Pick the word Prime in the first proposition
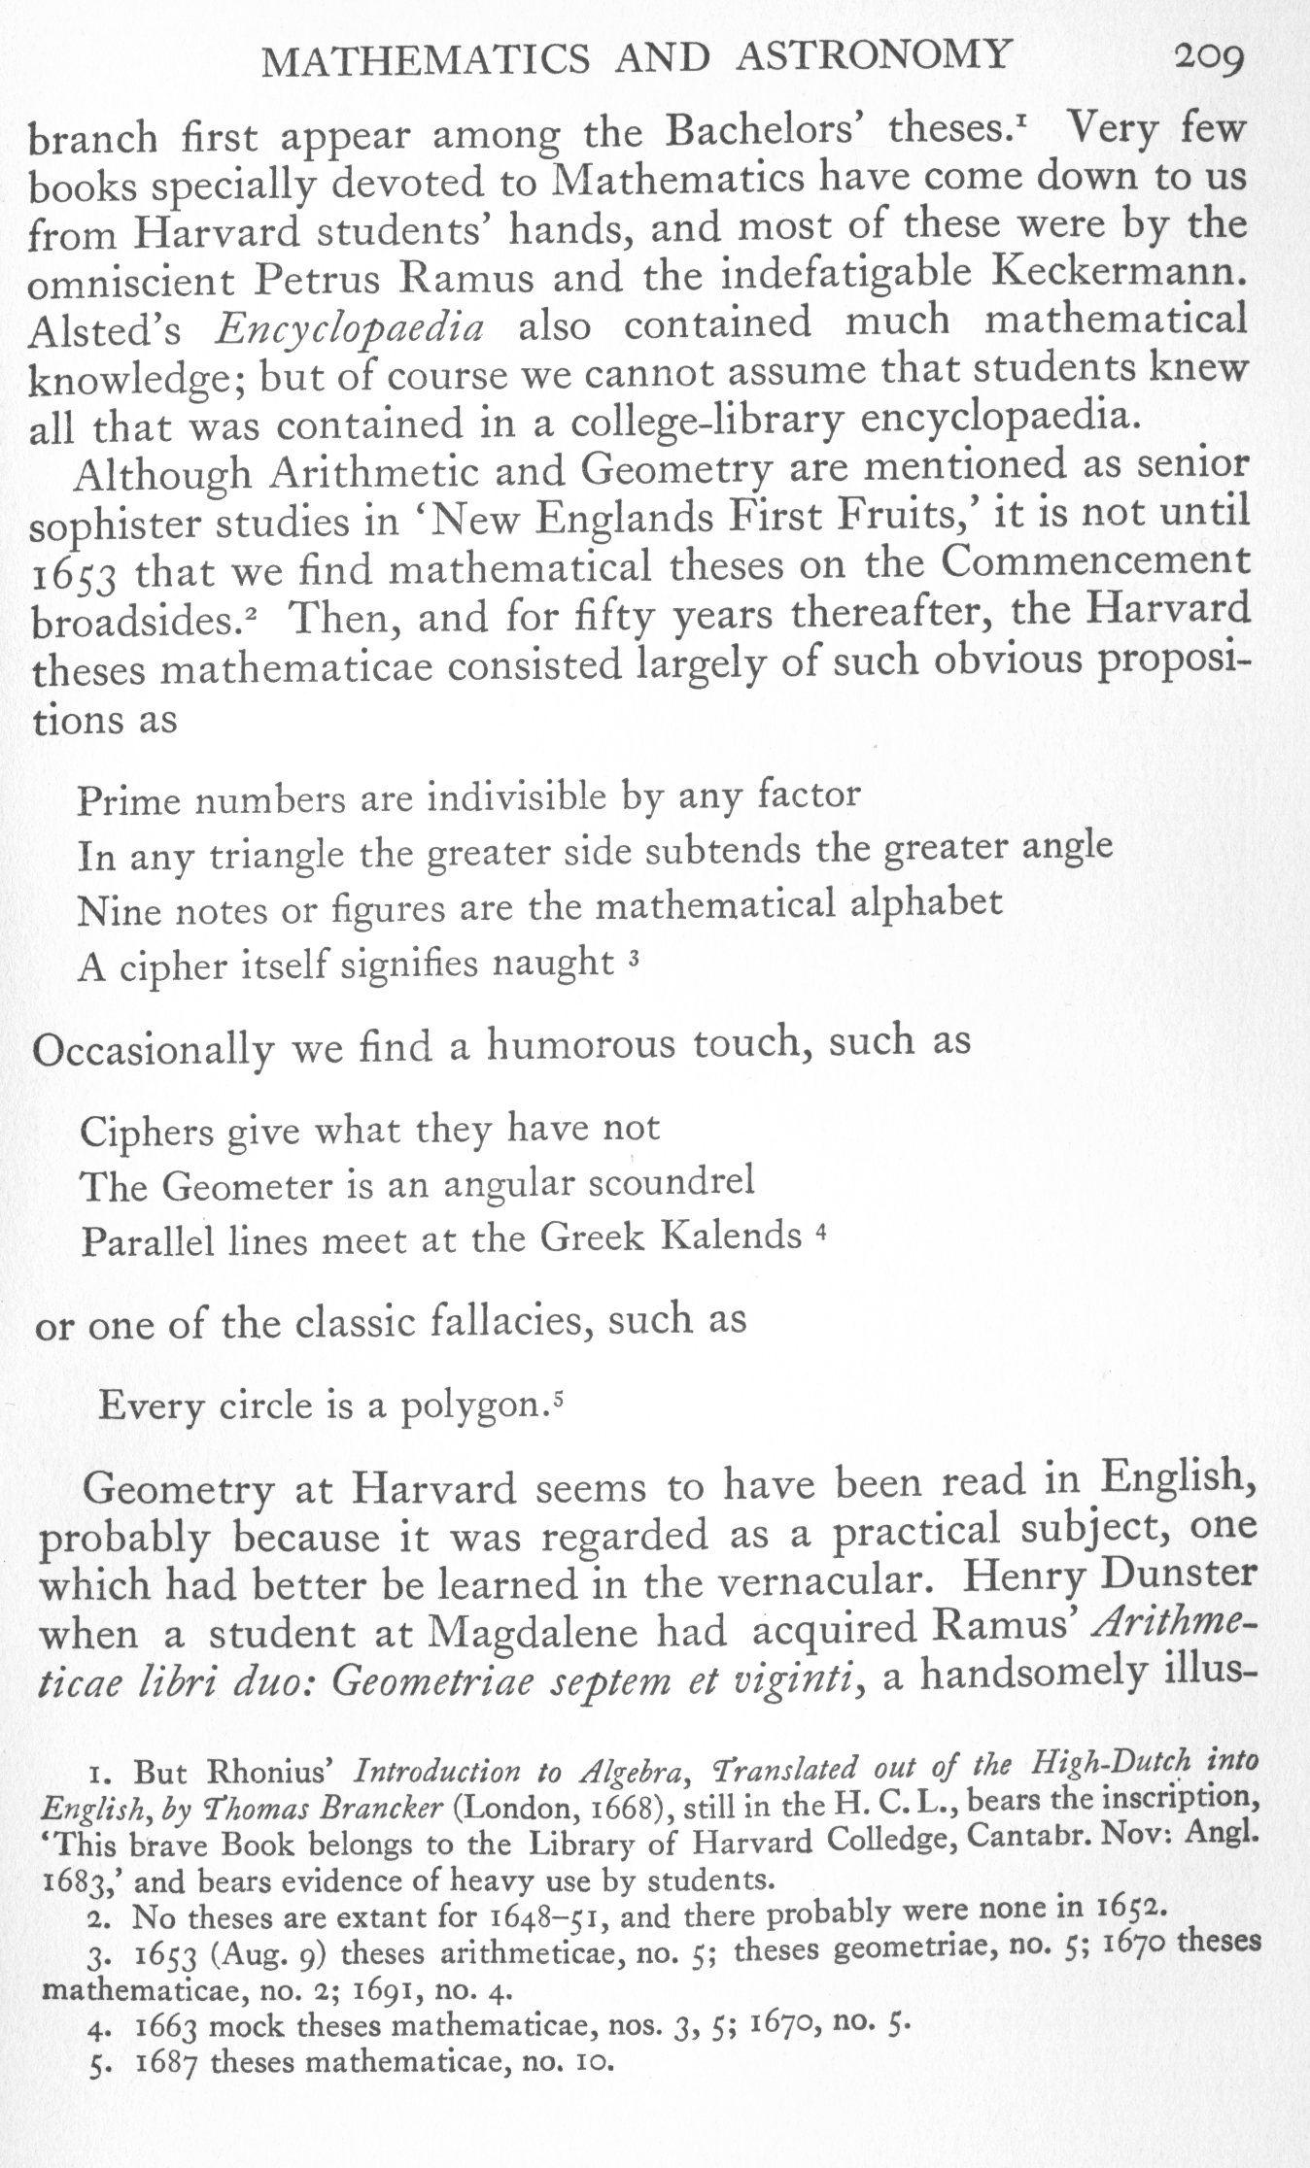pyautogui.click(x=128, y=801)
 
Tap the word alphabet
pyautogui.click(x=926, y=902)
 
